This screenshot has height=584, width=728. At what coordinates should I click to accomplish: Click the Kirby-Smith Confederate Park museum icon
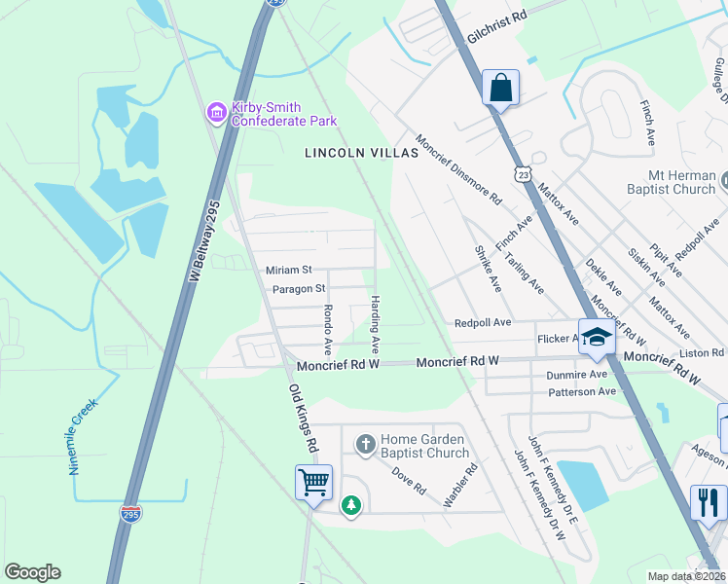tap(216, 114)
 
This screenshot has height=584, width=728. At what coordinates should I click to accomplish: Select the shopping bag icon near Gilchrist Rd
tap(500, 88)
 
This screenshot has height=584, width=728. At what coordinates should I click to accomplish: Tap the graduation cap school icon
tap(597, 337)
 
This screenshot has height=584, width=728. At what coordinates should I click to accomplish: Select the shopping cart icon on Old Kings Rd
tap(313, 482)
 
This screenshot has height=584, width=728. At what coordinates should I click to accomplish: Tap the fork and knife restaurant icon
tap(708, 501)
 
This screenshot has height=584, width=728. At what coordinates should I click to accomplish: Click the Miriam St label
tap(288, 270)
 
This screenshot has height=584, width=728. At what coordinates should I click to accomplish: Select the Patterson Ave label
tap(583, 391)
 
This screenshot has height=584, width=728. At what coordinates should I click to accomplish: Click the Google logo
tap(33, 572)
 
